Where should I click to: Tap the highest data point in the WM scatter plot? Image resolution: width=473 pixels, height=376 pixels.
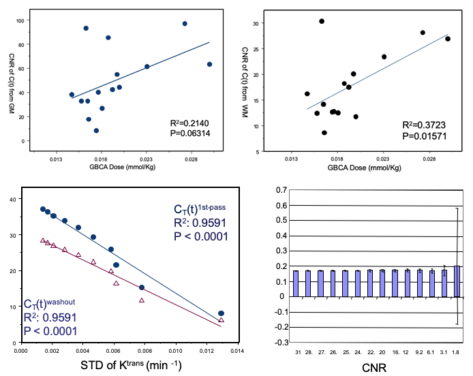point(322,21)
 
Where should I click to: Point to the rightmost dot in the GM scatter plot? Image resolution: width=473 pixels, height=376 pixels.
point(209,64)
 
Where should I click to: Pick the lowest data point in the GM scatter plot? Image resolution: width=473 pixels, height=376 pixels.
point(96,130)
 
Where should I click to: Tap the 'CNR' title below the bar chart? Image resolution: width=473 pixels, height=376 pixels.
point(374,369)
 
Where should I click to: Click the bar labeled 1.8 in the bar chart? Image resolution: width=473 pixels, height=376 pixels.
point(457,281)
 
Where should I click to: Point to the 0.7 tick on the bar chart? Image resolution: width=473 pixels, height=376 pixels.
point(277,189)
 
